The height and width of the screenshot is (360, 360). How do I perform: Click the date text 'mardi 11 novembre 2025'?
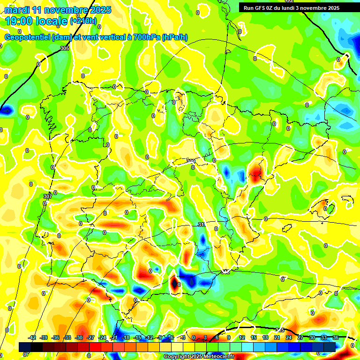pyautogui.click(x=58, y=10)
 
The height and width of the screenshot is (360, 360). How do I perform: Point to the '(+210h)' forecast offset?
pyautogui.click(x=83, y=21)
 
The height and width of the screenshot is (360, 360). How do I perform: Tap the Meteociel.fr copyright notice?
pyautogui.click(x=199, y=356)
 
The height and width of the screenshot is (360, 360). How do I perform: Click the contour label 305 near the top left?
pyautogui.click(x=65, y=49)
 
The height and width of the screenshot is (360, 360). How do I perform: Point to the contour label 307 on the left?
pyautogui.click(x=47, y=196)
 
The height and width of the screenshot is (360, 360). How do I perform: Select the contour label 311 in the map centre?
pyautogui.click(x=202, y=225)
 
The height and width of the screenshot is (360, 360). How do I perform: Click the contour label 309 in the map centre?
pyautogui.click(x=191, y=161)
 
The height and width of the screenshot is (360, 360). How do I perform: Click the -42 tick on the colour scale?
pyautogui.click(x=32, y=337)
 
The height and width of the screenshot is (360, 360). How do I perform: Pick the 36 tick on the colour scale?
pyautogui.click(x=336, y=337)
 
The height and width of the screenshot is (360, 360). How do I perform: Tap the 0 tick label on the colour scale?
pyautogui.click(x=194, y=337)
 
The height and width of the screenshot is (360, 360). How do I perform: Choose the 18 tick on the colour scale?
pyautogui.click(x=266, y=337)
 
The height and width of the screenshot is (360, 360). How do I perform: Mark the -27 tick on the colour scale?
pyautogui.click(x=91, y=337)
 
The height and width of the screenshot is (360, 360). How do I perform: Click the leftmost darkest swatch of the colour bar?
pyautogui.click(x=25, y=347)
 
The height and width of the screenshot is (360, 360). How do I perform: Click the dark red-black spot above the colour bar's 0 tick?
pyautogui.click(x=174, y=283)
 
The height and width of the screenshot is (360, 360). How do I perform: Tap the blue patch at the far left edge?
pyautogui.click(x=6, y=111)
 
